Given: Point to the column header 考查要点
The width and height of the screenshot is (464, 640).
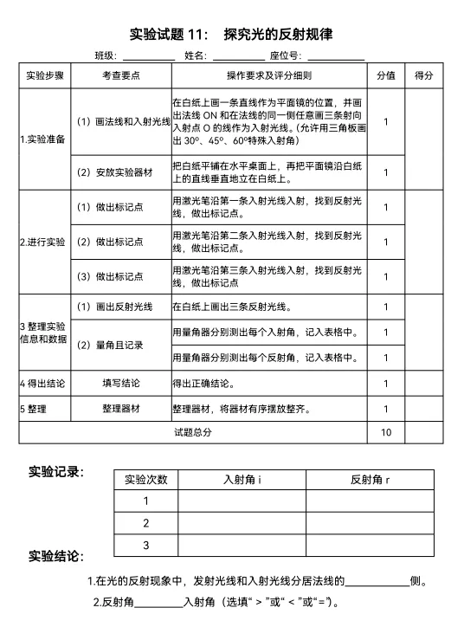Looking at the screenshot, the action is [x=120, y=75].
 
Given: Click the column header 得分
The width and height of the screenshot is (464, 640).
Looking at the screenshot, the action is [x=424, y=75].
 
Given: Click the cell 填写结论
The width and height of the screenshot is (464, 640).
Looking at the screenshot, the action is [x=120, y=383].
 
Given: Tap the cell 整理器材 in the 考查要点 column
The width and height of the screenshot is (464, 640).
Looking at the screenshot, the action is [x=120, y=409].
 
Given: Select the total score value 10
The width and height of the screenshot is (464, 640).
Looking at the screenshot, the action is [x=386, y=432].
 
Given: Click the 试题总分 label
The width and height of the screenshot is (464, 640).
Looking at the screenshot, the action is [x=192, y=432].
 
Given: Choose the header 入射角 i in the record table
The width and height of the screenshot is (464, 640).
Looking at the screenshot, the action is [x=242, y=479].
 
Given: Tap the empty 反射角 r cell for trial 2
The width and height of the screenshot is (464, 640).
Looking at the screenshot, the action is [x=370, y=523].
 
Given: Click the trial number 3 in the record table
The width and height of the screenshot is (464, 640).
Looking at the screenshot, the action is [x=146, y=545].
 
